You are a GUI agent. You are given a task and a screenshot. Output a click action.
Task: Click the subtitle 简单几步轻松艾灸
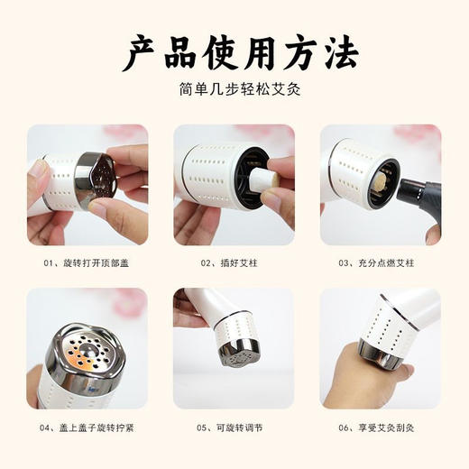(x=234, y=92)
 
